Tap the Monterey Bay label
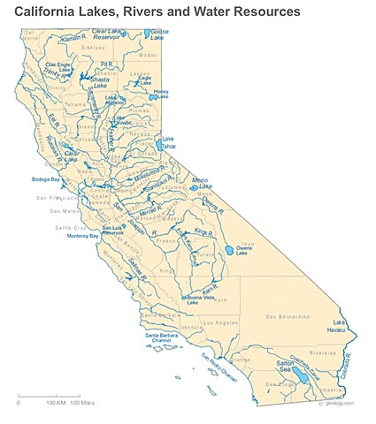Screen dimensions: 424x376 click(x=82, y=236)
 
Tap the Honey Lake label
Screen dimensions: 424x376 click(x=161, y=94)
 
